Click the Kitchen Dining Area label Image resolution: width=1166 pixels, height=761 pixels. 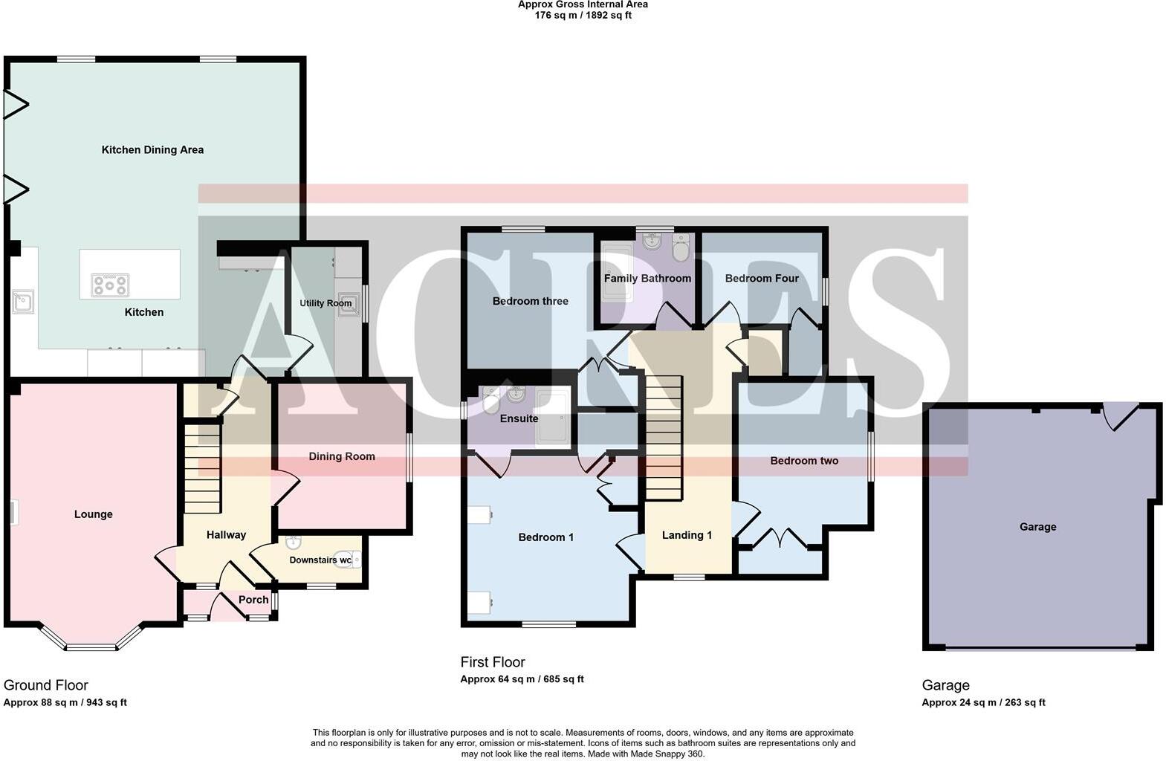[152, 150]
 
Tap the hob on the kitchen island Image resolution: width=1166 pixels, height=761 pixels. [110, 285]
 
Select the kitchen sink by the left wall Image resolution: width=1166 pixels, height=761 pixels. [23, 302]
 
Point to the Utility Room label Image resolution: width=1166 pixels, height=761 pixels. [325, 303]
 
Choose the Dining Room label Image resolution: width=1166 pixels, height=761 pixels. [342, 456]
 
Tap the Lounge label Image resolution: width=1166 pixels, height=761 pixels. [94, 514]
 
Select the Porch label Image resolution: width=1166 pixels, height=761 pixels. [253, 600]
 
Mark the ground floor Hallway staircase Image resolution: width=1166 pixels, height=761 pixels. [202, 468]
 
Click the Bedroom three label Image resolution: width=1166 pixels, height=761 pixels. [531, 301]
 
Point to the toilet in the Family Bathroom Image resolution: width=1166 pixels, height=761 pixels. [681, 248]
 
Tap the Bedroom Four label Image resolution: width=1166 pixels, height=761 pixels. [762, 279]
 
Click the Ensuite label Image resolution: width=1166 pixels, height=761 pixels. [519, 418]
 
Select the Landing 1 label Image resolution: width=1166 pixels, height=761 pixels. [687, 535]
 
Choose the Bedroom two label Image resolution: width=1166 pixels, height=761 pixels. [804, 461]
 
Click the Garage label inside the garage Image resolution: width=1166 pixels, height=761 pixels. [1037, 527]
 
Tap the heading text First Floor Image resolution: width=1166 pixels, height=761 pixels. [493, 662]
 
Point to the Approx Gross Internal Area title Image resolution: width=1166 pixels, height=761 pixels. [583, 5]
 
